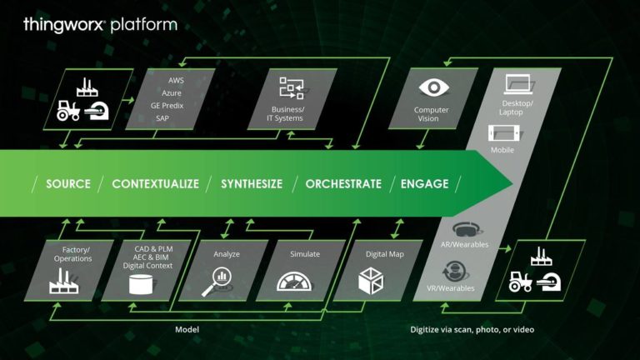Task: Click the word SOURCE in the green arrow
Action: pos(68,183)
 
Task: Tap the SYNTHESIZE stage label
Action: pos(252,183)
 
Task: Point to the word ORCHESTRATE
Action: pos(343,183)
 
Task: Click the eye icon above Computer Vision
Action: pos(433,87)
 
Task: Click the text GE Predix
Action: pos(167,106)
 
